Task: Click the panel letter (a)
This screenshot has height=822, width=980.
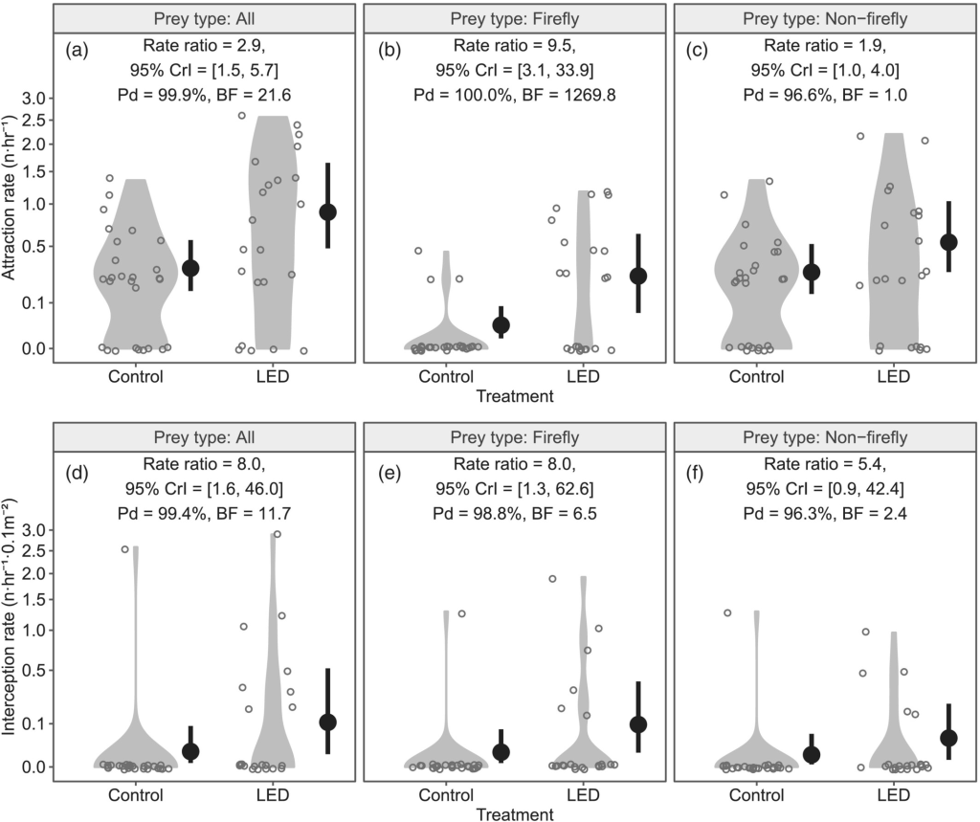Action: tap(77, 51)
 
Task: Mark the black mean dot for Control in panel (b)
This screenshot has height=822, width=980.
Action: tap(501, 324)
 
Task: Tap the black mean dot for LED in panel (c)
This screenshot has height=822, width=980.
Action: tap(948, 242)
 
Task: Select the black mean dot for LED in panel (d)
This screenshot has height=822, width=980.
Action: tap(327, 722)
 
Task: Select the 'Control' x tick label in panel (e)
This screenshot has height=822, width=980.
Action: tap(445, 794)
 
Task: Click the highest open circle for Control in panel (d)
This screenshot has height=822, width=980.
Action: tap(124, 549)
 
